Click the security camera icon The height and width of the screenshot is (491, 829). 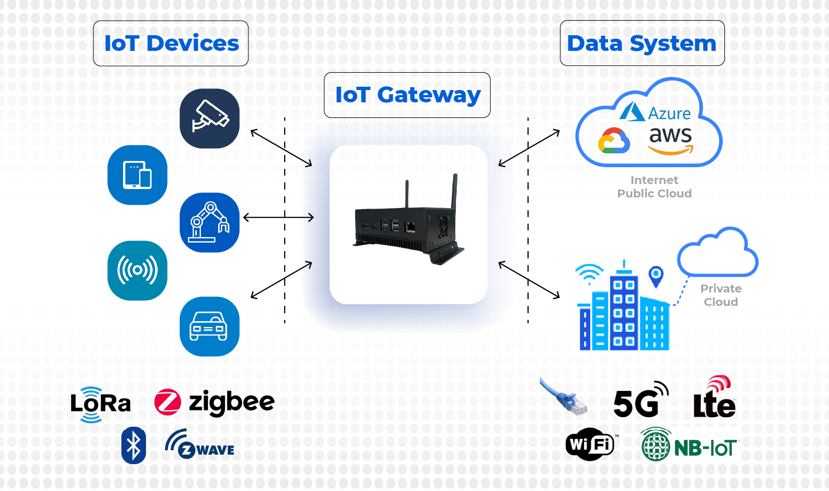tap(210, 119)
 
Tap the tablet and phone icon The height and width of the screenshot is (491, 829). tap(138, 175)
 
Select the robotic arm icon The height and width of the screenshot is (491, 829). tap(210, 223)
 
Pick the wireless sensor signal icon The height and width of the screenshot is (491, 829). tap(138, 271)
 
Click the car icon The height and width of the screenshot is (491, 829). tap(210, 327)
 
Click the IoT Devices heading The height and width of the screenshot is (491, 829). tap(171, 44)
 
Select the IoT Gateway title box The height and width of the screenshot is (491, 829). tap(407, 95)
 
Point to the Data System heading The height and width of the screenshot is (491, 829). tap(642, 44)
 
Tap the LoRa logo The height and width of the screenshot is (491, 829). tap(100, 404)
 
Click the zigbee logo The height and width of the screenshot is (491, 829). tap(215, 403)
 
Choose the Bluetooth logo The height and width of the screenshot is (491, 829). tap(134, 446)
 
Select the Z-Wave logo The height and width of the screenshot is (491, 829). tap(200, 445)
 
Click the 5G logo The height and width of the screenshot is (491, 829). tap(640, 400)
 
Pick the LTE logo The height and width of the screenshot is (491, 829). tap(715, 399)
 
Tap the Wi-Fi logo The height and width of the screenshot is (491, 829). tap(591, 445)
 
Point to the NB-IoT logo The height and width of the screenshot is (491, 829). tap(689, 445)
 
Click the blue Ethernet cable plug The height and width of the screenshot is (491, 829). tap(565, 398)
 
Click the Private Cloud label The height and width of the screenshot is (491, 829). tap(721, 295)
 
